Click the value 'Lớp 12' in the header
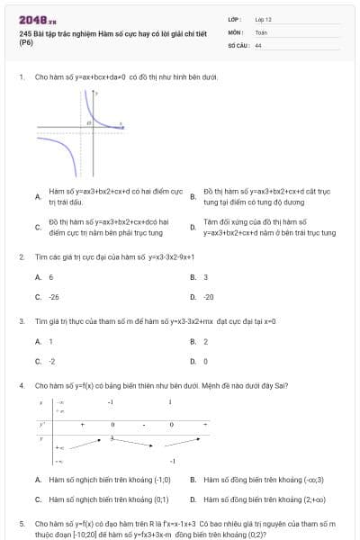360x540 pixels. point(263,18)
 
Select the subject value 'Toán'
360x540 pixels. point(261,31)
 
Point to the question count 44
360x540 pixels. point(258,44)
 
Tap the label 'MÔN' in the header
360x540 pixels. point(234,31)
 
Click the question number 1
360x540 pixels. point(21,77)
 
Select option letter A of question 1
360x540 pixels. point(37,197)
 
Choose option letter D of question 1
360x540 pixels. point(193,226)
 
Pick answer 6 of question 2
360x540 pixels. point(50,277)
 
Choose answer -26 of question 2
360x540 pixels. point(54,296)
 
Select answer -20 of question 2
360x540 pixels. point(209,296)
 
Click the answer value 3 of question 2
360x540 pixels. point(205,277)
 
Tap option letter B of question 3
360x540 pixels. point(193,341)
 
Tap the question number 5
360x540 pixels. point(21,523)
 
